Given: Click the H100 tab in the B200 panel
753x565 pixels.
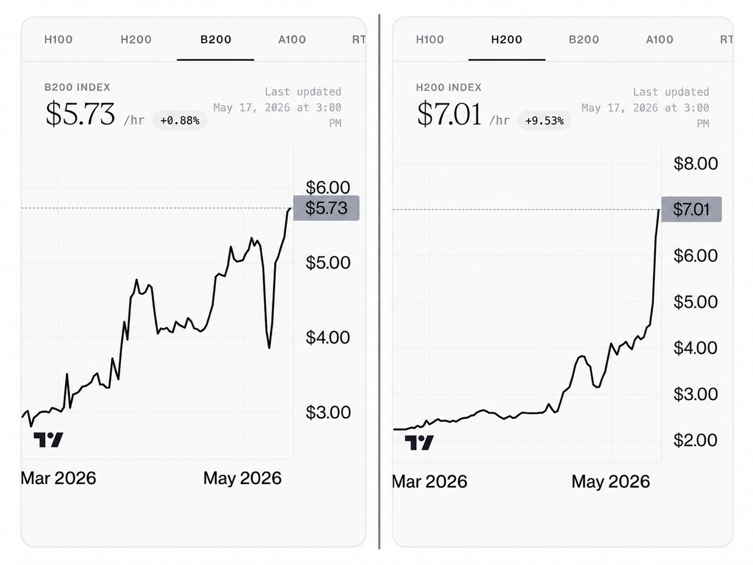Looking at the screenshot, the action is [58, 40].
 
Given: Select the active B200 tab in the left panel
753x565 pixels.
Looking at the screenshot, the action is [216, 40].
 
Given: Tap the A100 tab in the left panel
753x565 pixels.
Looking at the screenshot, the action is [292, 40].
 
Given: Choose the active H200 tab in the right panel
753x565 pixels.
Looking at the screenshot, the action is [507, 40].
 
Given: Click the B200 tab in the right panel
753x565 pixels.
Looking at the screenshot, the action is [584, 40].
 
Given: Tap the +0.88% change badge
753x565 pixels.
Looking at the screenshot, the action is [180, 120].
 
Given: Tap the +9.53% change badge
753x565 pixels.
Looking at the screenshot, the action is [544, 121].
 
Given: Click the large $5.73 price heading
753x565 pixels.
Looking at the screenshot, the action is [80, 114].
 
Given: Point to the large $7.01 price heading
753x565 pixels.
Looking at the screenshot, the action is [449, 114].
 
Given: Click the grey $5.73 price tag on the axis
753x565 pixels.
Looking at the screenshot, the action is [326, 208].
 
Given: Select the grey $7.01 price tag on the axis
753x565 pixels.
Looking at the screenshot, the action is [691, 209].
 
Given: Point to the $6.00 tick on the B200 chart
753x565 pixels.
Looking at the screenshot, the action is [328, 187].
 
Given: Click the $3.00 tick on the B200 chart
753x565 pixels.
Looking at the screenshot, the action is [328, 413].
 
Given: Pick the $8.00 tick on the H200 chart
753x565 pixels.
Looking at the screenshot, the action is [696, 164].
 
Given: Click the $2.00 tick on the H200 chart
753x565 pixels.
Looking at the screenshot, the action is [695, 440].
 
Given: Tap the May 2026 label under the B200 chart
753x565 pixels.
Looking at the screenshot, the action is [242, 478].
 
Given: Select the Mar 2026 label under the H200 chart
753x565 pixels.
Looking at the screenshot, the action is [430, 482].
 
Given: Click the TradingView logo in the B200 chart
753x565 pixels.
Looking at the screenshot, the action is [48, 440].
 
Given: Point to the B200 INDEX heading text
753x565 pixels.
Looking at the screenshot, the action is [77, 87].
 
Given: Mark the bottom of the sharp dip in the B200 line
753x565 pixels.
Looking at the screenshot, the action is [269, 348].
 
